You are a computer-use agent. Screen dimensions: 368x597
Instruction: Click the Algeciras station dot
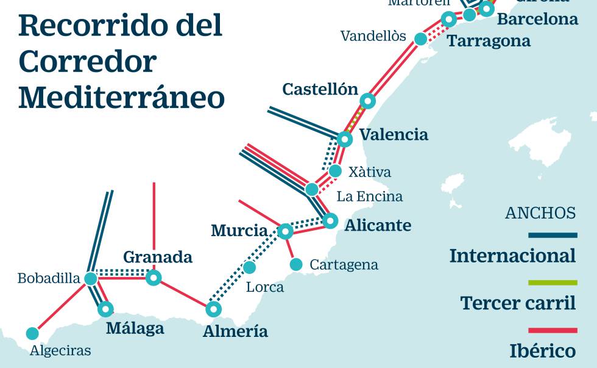click(x=32, y=333)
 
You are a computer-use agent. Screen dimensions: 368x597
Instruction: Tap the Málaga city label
click(x=135, y=328)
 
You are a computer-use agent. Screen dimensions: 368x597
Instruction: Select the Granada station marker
click(x=154, y=278)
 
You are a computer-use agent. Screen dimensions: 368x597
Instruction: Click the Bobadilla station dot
click(x=91, y=279)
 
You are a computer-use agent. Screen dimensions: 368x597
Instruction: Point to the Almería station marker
click(x=213, y=309)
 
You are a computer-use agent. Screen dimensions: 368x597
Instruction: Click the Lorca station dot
click(x=249, y=267)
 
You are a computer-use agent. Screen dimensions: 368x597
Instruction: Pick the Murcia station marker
click(x=285, y=231)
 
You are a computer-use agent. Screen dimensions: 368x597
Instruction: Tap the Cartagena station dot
click(x=296, y=264)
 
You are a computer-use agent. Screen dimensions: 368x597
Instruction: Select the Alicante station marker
click(x=330, y=220)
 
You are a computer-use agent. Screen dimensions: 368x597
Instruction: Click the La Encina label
click(x=369, y=197)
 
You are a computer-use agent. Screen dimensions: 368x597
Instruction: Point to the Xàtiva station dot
click(x=335, y=171)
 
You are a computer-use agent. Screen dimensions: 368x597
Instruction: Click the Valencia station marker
click(x=345, y=139)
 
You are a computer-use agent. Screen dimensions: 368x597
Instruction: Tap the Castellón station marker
click(x=367, y=101)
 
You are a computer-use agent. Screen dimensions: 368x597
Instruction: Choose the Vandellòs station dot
click(x=420, y=39)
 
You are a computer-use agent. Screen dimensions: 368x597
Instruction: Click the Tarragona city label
click(x=489, y=41)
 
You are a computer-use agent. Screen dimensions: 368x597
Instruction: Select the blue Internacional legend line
click(x=553, y=235)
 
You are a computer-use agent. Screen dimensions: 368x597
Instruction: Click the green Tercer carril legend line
click(x=553, y=283)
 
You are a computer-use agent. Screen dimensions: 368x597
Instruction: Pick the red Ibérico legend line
click(x=553, y=330)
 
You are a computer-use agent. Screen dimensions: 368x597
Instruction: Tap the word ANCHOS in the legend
click(x=540, y=213)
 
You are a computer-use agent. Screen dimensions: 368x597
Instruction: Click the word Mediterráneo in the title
click(x=122, y=98)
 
